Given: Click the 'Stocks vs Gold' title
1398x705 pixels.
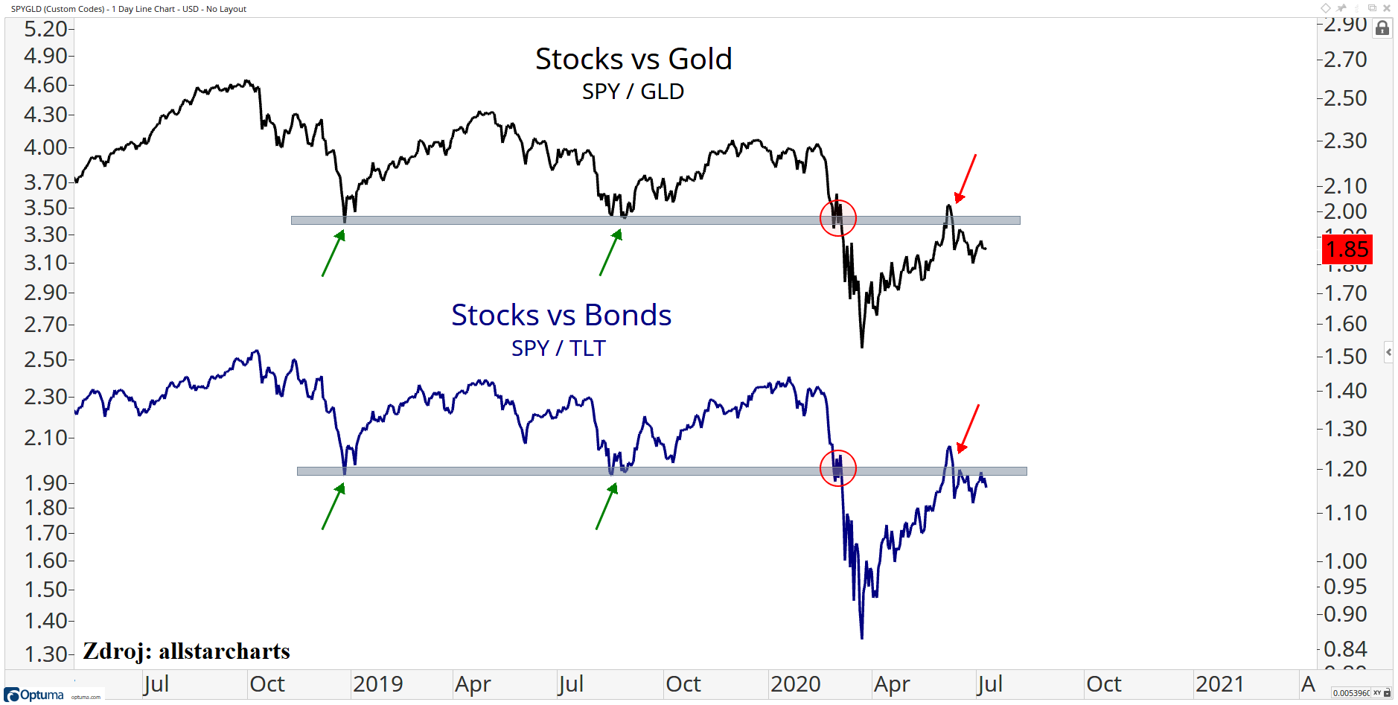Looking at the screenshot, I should click(x=633, y=59).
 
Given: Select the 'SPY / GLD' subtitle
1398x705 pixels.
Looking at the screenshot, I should click(x=633, y=92).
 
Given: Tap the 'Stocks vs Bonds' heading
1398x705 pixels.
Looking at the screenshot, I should click(x=561, y=315).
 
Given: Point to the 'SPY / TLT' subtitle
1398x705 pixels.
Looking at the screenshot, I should click(x=558, y=348).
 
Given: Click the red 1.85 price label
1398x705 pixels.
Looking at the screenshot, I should click(x=1347, y=249).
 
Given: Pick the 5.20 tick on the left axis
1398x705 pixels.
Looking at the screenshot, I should click(x=45, y=29).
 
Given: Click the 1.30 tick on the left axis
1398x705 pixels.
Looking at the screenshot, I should click(x=45, y=654).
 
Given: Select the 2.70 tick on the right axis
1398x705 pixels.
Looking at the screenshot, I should click(x=1345, y=60).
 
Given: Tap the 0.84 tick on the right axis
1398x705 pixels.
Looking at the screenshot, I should click(x=1345, y=648).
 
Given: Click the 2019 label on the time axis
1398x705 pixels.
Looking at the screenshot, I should click(x=377, y=683).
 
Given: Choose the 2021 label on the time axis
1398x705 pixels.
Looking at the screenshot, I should click(x=1219, y=683).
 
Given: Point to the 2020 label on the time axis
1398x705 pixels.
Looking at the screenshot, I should click(x=795, y=683).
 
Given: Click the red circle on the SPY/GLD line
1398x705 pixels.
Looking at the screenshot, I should click(x=838, y=217).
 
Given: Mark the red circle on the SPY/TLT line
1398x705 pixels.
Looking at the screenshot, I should click(x=838, y=468).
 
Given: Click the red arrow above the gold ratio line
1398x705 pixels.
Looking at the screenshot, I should click(x=965, y=179).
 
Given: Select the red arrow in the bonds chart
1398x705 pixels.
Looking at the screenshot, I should click(x=968, y=429).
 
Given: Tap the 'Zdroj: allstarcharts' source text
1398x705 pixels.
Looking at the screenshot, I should click(x=186, y=651).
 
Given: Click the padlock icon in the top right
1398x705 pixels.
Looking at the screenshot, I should click(x=1382, y=28).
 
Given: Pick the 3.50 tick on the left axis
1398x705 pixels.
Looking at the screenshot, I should click(x=45, y=208).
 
